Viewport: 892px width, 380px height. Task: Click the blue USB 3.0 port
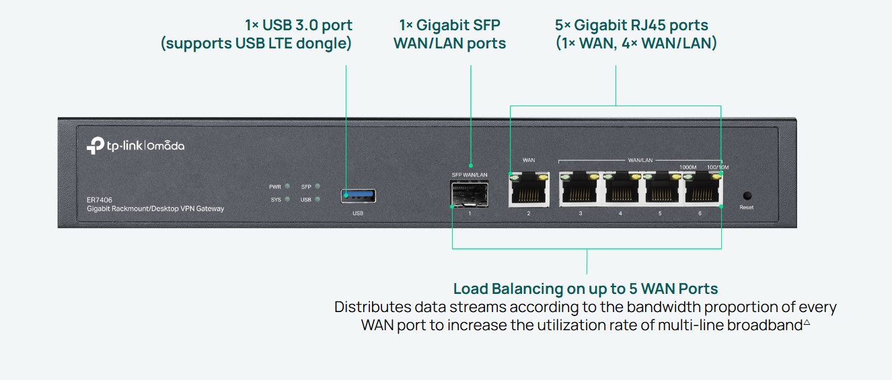tap(358, 196)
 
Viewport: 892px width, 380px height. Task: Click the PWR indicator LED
tap(287, 186)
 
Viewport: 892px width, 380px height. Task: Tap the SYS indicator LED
tap(287, 199)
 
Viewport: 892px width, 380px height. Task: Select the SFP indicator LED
tap(317, 186)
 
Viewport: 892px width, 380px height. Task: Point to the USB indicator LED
tap(317, 199)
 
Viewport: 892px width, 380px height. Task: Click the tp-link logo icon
tap(94, 146)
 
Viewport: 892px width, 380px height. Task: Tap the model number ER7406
tap(100, 200)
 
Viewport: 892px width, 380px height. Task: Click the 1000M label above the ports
tap(687, 167)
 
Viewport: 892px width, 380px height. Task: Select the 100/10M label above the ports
tap(718, 167)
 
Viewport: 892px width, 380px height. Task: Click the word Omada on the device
tap(165, 146)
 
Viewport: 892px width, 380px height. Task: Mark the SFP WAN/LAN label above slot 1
tap(469, 175)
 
